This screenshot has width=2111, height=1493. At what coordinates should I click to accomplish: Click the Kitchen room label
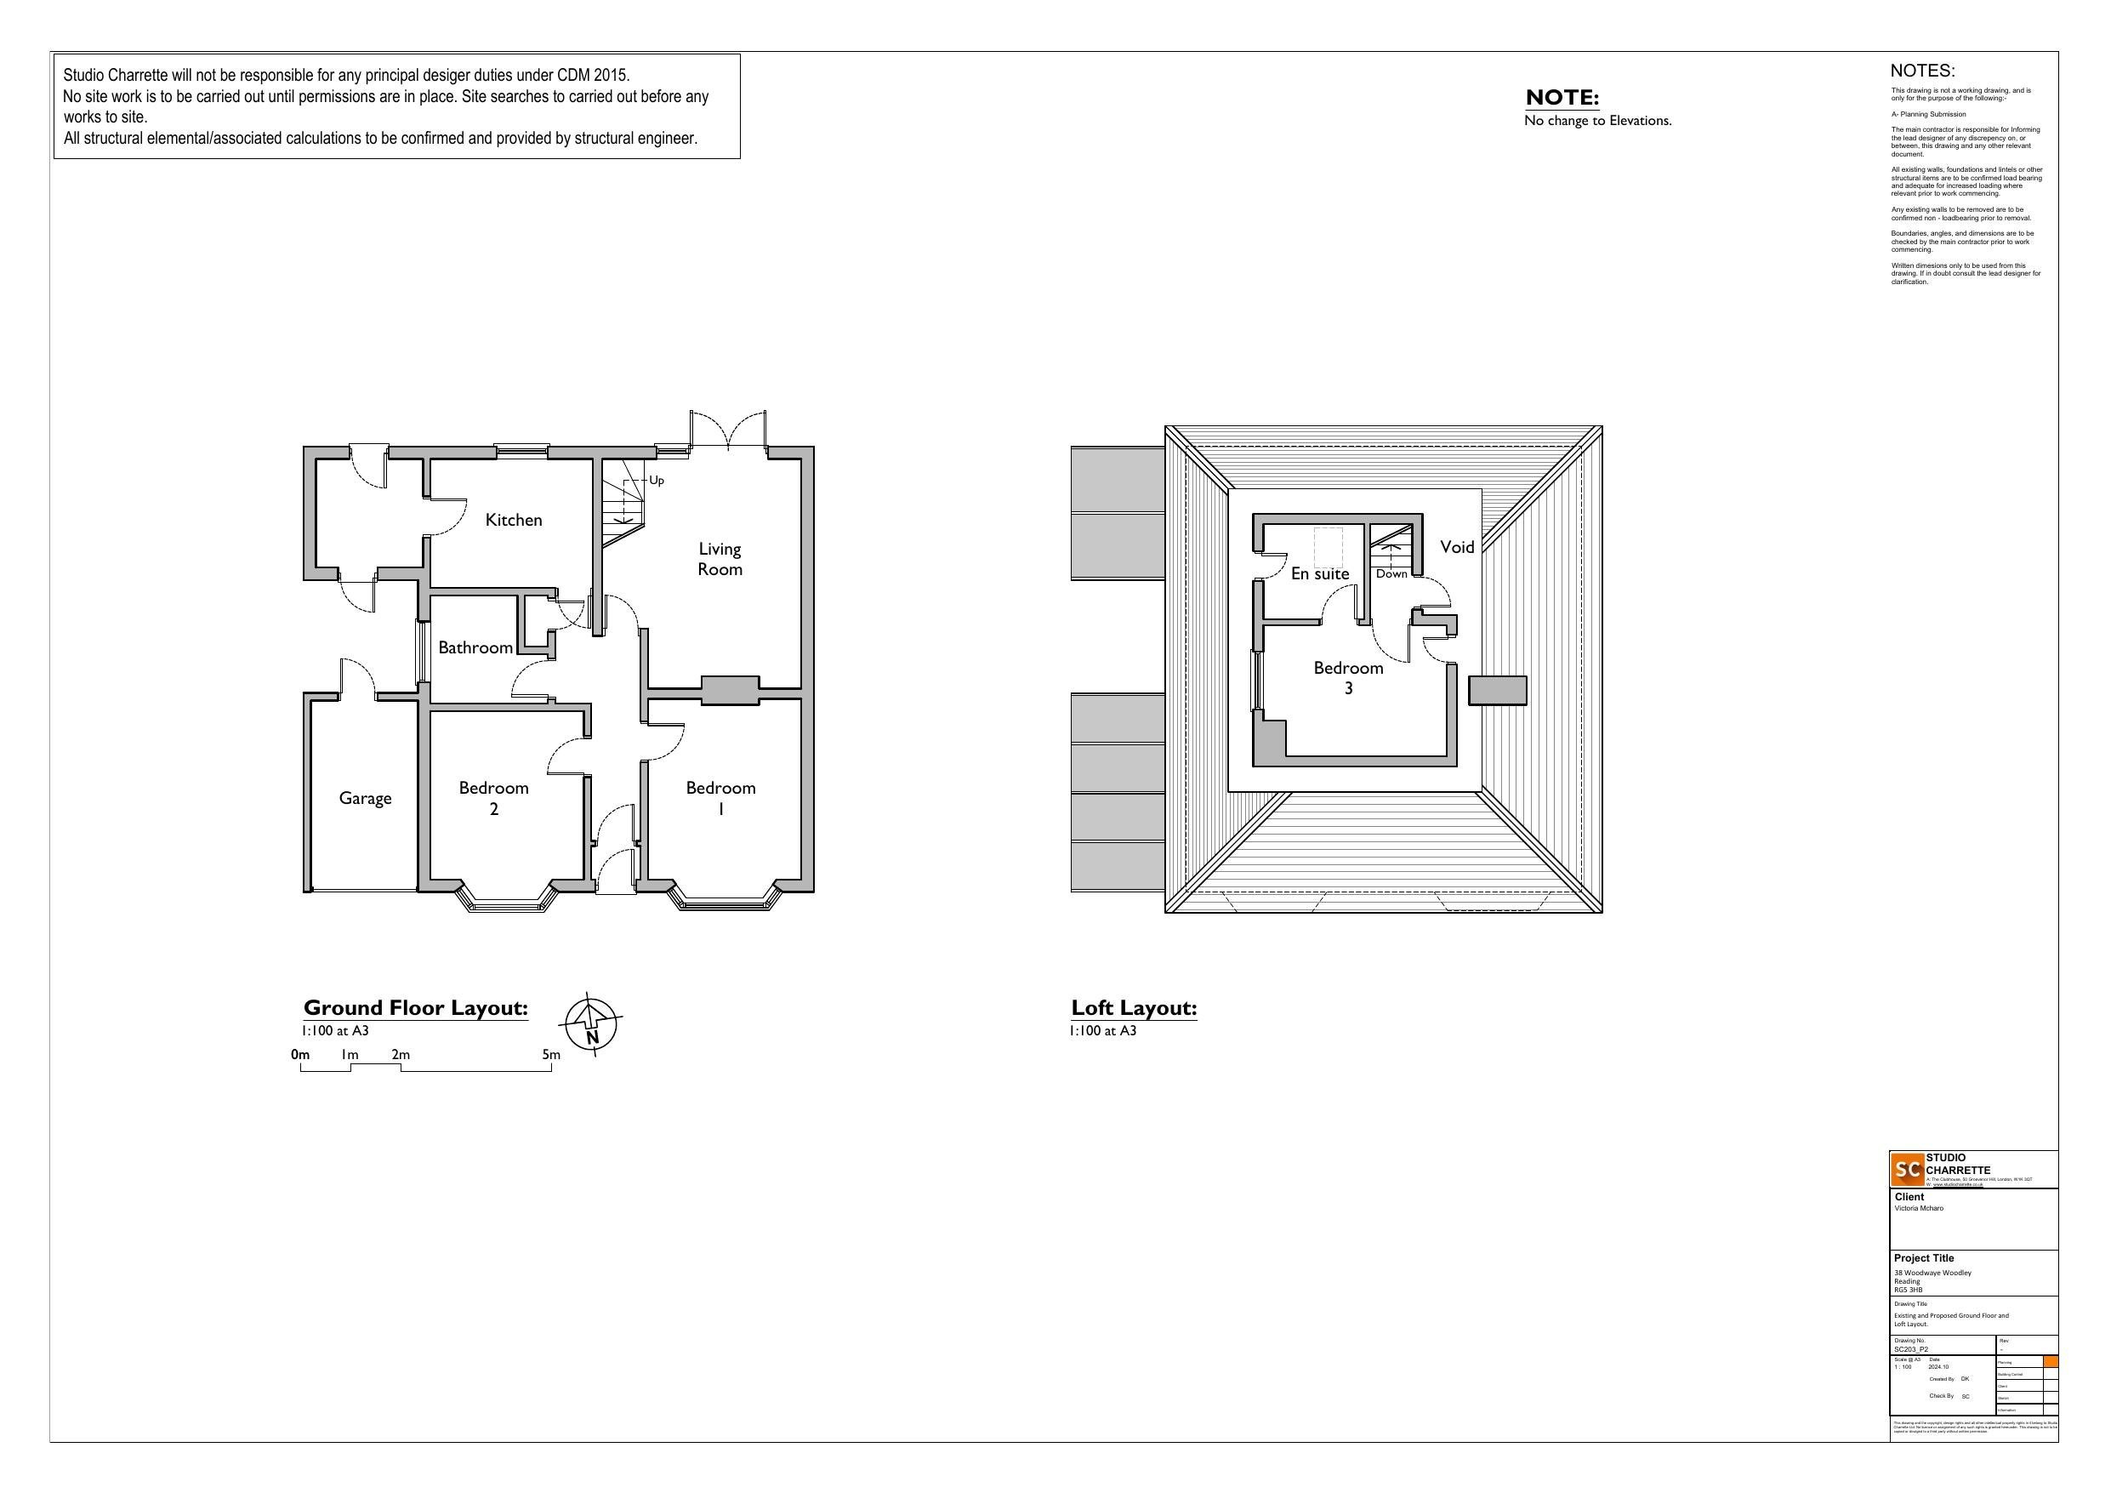tap(513, 521)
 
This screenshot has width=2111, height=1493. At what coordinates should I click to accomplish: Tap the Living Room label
tap(719, 559)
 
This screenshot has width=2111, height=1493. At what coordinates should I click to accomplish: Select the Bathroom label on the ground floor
tap(475, 647)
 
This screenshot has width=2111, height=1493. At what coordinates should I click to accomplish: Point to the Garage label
tap(365, 799)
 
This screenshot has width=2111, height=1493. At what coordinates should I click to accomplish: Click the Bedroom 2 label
tap(494, 798)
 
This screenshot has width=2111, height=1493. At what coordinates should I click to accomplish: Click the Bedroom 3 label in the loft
tap(1348, 677)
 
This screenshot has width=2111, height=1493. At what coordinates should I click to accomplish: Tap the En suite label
tap(1319, 574)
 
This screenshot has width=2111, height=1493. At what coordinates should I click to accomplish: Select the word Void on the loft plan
tap(1456, 547)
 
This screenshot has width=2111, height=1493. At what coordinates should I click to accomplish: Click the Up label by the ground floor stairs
tap(657, 480)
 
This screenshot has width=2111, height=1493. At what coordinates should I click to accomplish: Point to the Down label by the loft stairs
tap(1391, 574)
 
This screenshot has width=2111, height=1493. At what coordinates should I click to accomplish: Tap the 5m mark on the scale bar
tap(551, 1055)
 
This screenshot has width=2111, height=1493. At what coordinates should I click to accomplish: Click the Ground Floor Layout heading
tap(416, 1008)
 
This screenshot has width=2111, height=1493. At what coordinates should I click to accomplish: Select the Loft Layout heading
tap(1134, 1008)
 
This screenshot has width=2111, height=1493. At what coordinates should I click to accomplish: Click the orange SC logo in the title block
tap(1908, 1169)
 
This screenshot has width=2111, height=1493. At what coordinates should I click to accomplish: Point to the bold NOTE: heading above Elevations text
tap(1562, 98)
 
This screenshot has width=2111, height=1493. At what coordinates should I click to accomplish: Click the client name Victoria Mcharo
tap(1919, 1209)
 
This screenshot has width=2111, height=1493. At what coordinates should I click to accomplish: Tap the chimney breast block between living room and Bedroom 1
tap(730, 690)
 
